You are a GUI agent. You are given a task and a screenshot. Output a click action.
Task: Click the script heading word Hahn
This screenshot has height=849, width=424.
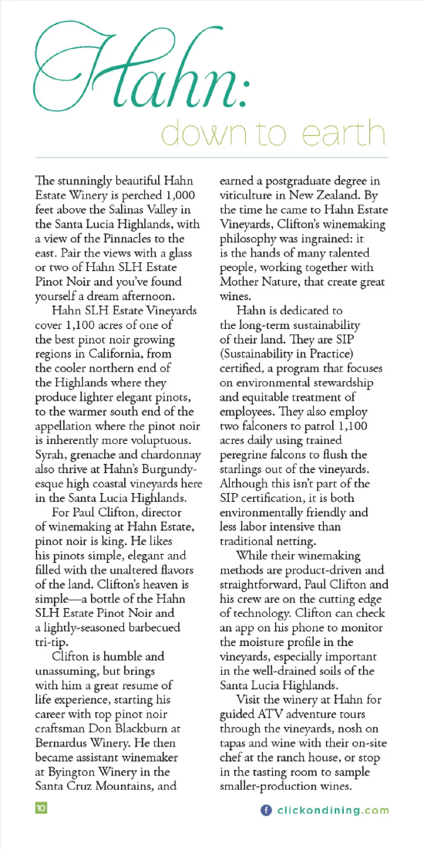tap(141, 71)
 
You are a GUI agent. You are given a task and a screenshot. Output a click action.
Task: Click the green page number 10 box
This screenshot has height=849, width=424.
tap(41, 808)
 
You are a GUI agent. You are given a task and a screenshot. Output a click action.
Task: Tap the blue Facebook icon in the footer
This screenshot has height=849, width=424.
tap(266, 810)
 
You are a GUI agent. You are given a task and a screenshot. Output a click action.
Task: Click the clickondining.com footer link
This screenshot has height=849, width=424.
tap(333, 810)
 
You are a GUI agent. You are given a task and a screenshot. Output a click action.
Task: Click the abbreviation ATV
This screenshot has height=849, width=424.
tap(270, 714)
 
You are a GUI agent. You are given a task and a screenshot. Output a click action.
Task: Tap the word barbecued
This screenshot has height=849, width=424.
tap(154, 627)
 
